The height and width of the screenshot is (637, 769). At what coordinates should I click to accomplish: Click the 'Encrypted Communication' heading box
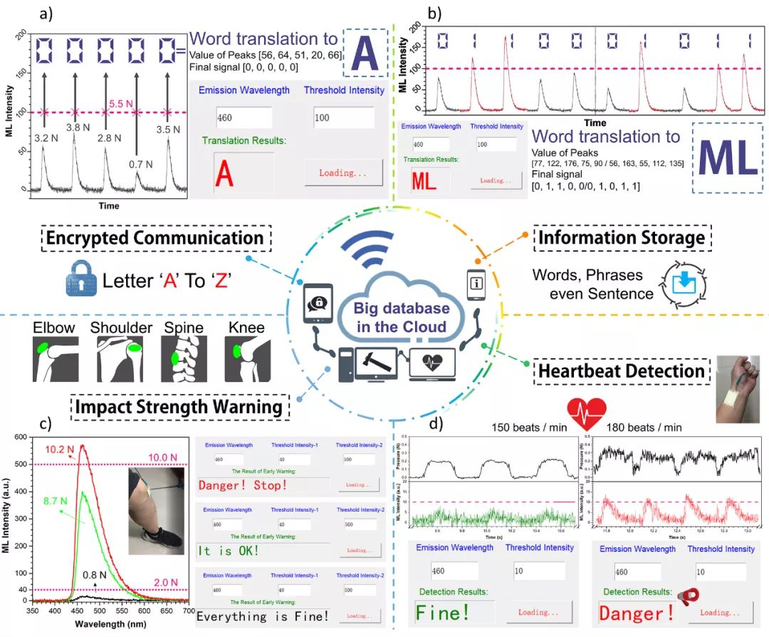pyautogui.click(x=155, y=237)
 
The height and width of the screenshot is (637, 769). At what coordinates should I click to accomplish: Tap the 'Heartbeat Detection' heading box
pyautogui.click(x=622, y=371)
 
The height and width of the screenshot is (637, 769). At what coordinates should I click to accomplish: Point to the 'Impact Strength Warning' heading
pyautogui.click(x=180, y=408)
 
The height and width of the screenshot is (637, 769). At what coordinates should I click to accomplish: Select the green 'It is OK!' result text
pyautogui.click(x=230, y=551)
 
